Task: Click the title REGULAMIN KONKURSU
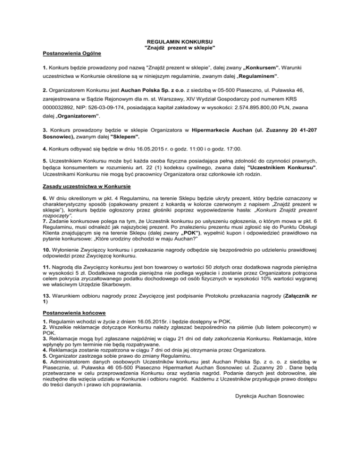(180, 42)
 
